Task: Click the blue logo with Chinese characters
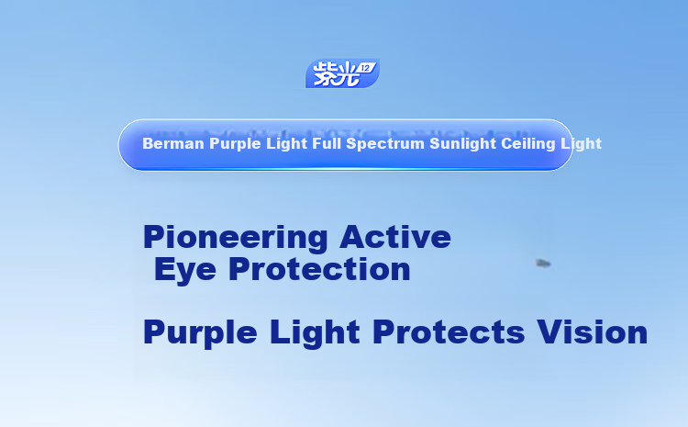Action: click(342, 73)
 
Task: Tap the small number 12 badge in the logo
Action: click(366, 68)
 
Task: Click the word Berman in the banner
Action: click(173, 143)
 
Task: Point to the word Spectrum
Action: click(385, 144)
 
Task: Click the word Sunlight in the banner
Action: click(462, 144)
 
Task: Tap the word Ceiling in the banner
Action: click(528, 144)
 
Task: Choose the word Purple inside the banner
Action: click(235, 144)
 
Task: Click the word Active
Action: click(394, 237)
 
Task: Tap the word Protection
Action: click(319, 269)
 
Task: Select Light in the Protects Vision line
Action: click(315, 333)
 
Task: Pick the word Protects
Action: click(449, 332)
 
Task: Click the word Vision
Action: click(593, 332)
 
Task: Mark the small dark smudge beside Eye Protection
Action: click(543, 264)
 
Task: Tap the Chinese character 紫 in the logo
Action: click(326, 74)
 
